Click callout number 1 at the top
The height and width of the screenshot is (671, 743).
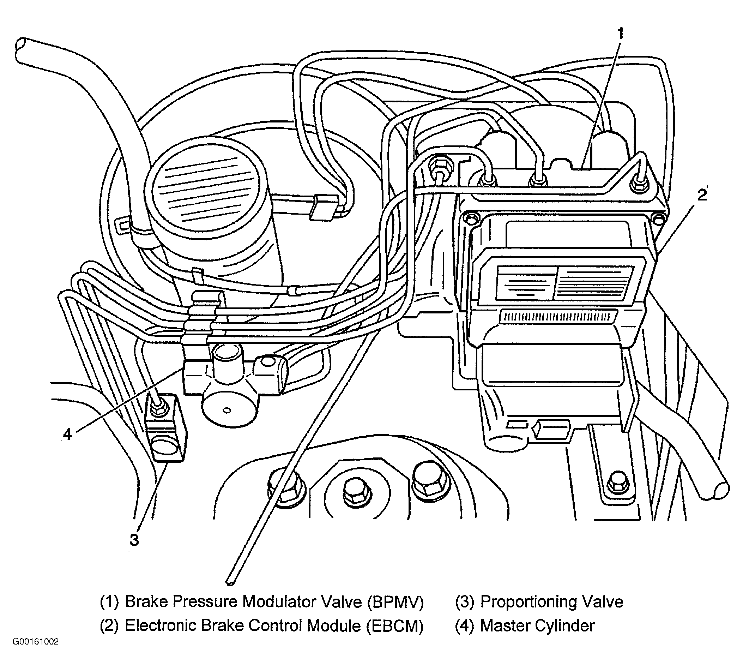pos(621,34)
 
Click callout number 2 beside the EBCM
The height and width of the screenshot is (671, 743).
pos(702,194)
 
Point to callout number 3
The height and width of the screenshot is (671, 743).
pos(134,540)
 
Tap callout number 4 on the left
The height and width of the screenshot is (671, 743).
pos(67,435)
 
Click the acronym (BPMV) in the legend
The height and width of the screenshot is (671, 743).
pos(395,602)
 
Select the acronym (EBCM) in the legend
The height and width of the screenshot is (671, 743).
pos(395,626)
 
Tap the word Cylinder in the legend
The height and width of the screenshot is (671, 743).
pos(564,626)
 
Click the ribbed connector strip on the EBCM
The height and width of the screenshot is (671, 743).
pos(558,316)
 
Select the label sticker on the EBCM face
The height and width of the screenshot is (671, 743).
pos(564,283)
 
